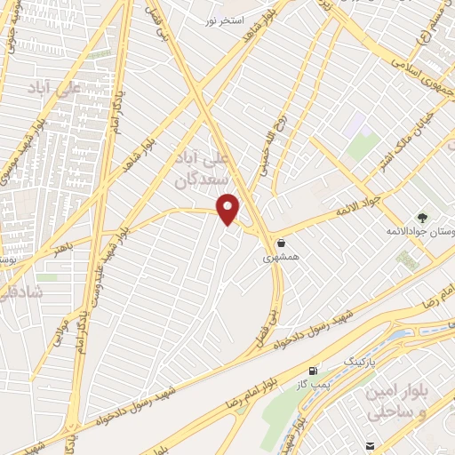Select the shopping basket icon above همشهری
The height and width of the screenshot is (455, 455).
click(x=281, y=243)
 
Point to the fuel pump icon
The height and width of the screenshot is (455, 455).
click(x=312, y=371)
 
